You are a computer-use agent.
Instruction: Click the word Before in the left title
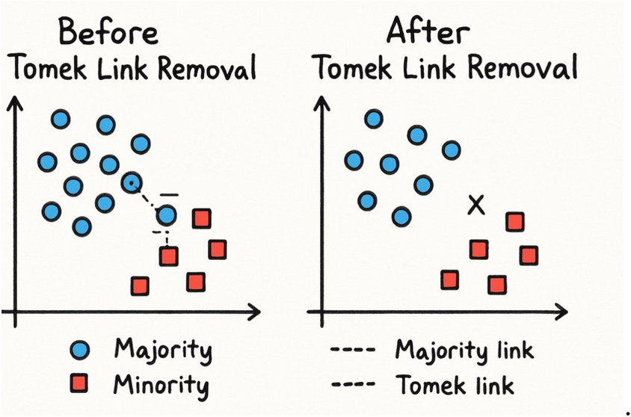click(108, 34)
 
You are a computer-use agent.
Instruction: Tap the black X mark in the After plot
click(475, 204)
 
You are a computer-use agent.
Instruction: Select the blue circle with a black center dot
click(132, 182)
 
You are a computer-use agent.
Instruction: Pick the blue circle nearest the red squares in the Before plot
click(167, 216)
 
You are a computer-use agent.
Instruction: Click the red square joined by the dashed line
click(169, 256)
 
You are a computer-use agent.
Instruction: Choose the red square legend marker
click(81, 384)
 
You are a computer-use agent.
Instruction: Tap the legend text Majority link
click(464, 350)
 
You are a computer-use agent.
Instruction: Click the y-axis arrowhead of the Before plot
click(13, 104)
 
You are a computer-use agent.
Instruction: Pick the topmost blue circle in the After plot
click(374, 118)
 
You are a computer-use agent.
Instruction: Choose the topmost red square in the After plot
click(514, 221)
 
